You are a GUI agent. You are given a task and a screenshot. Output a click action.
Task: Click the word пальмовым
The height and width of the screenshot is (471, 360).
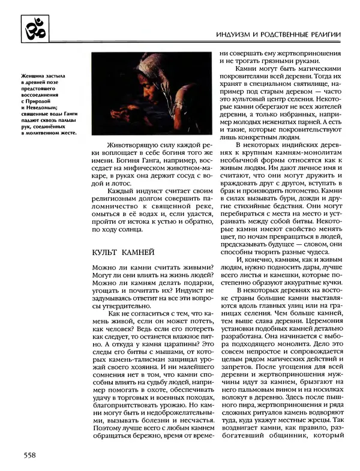tap(256, 396)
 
